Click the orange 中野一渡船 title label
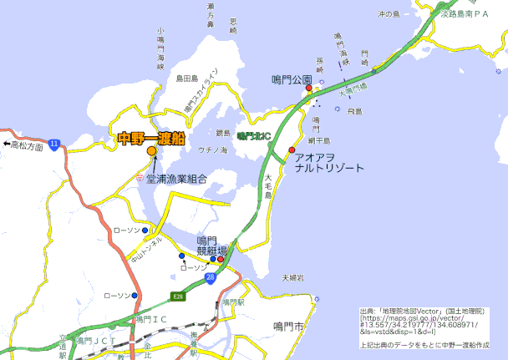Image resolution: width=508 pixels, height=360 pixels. pyautogui.click(x=151, y=138)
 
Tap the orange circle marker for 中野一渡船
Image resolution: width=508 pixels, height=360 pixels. pyautogui.click(x=151, y=152)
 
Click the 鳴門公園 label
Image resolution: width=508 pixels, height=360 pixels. pyautogui.click(x=292, y=80)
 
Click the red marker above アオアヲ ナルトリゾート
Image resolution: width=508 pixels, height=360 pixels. pyautogui.click(x=292, y=150)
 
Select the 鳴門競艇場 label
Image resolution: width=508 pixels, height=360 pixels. pyautogui.click(x=212, y=245)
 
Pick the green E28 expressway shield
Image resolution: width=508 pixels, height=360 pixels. pyautogui.click(x=178, y=297)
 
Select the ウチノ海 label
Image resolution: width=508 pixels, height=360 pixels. pyautogui.click(x=212, y=150)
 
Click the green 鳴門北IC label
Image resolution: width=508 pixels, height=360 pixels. pyautogui.click(x=253, y=134)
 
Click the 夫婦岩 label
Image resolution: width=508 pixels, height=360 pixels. pyautogui.click(x=292, y=277)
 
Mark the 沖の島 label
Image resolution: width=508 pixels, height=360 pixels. pyautogui.click(x=391, y=13)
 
